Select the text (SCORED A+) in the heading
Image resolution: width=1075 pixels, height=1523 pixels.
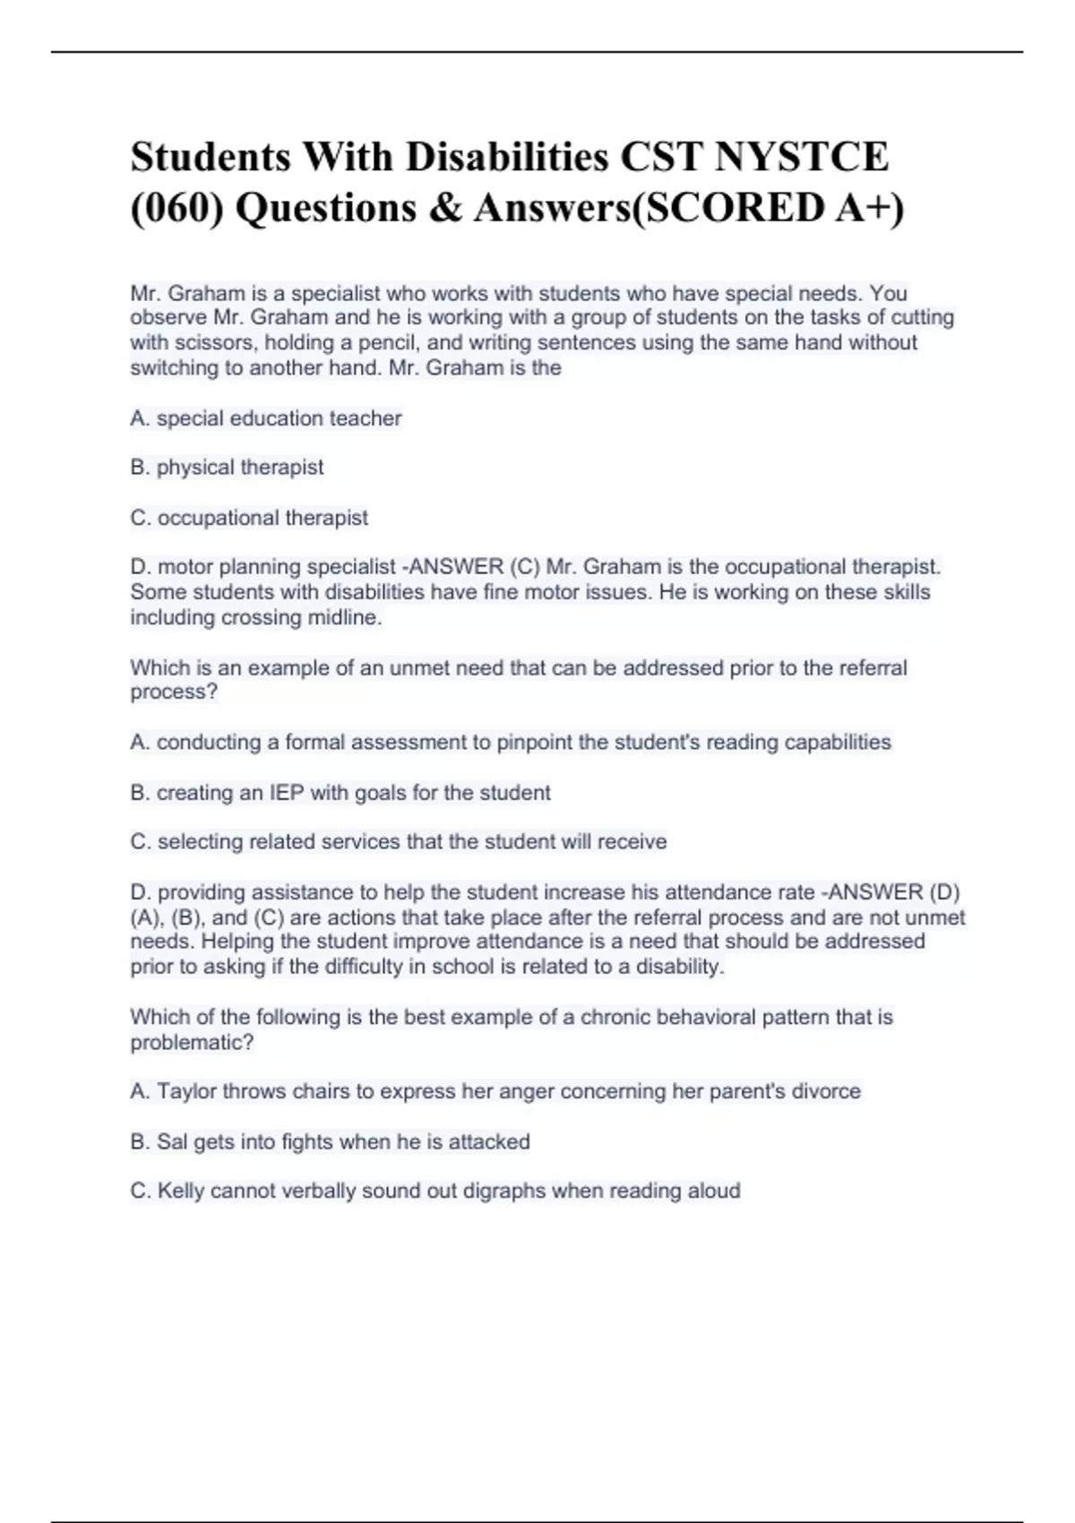tap(770, 208)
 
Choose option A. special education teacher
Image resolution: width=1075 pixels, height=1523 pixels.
tap(266, 418)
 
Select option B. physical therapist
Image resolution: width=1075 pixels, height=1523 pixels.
tap(227, 468)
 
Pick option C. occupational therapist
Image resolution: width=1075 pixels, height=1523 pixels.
tap(249, 518)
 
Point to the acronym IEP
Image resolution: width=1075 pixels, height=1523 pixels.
tap(287, 793)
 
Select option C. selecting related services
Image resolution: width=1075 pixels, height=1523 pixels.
tap(398, 842)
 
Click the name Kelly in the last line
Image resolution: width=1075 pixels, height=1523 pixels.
tap(181, 1192)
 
